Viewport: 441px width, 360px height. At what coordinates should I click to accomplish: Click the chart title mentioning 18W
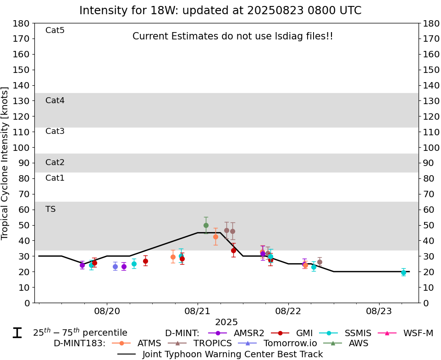(220, 11)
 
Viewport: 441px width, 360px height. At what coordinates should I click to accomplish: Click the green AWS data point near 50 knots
(206, 225)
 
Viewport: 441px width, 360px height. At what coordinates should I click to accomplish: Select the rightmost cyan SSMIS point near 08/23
(403, 272)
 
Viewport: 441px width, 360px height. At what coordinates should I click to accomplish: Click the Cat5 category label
(55, 30)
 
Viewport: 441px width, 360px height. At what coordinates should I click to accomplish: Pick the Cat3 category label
(55, 131)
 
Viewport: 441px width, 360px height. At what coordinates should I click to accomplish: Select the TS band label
(50, 209)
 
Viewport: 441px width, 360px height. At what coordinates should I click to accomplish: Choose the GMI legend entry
(293, 333)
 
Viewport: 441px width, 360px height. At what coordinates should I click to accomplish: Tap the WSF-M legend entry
(406, 333)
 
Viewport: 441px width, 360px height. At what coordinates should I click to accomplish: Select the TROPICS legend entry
(202, 343)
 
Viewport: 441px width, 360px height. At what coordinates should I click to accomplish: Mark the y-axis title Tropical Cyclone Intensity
(6, 163)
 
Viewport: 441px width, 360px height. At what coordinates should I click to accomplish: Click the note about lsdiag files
(232, 36)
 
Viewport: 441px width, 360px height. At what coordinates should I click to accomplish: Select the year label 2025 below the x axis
(226, 322)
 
